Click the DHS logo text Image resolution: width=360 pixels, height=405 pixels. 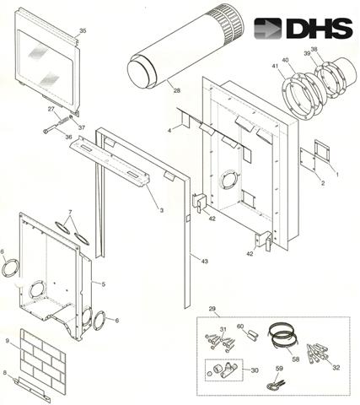point(318,29)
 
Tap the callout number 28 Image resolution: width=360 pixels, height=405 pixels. point(176,90)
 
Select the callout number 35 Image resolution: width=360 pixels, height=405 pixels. point(83,31)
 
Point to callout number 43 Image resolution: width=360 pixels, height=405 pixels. point(205,262)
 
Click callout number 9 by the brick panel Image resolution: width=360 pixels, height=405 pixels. point(8,341)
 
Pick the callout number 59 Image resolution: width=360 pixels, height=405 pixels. point(279,369)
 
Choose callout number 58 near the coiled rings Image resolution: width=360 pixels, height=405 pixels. point(296,359)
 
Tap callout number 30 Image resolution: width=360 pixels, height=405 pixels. point(255,370)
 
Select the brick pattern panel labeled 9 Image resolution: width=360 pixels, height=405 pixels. point(43,359)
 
